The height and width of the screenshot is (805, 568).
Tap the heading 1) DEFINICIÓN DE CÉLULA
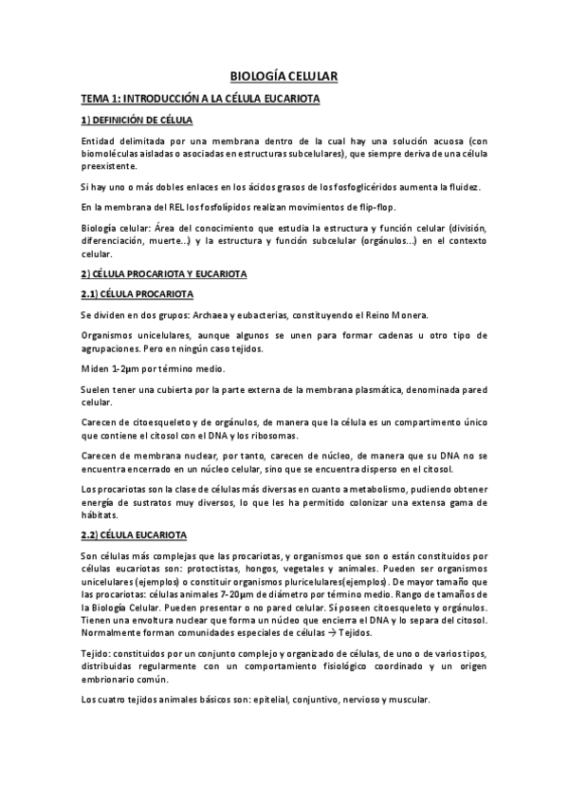click(137, 122)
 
